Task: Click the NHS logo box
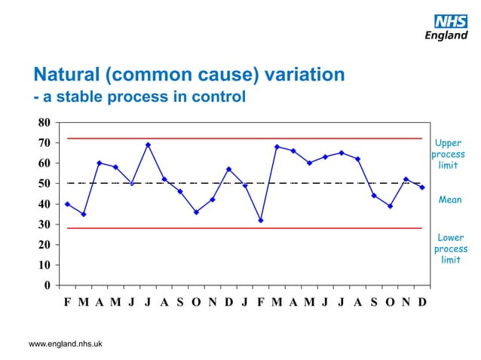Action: click(x=450, y=20)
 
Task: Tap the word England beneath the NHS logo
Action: click(x=446, y=35)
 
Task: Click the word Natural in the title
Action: click(x=65, y=75)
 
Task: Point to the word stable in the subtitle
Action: click(x=76, y=97)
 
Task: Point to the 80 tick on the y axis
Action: click(x=43, y=122)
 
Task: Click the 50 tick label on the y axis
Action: click(x=43, y=183)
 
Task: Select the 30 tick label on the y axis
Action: click(x=43, y=224)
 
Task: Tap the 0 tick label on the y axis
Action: click(x=47, y=285)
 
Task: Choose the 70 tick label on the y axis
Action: click(x=43, y=142)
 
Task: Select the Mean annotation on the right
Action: click(x=449, y=200)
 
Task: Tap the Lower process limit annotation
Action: click(x=450, y=249)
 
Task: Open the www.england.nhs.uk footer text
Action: click(x=66, y=343)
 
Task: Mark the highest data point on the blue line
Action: click(x=149, y=145)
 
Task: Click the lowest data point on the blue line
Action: click(x=261, y=221)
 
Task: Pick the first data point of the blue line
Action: click(x=68, y=204)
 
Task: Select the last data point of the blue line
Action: click(x=422, y=188)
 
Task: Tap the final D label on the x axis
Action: click(x=422, y=303)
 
